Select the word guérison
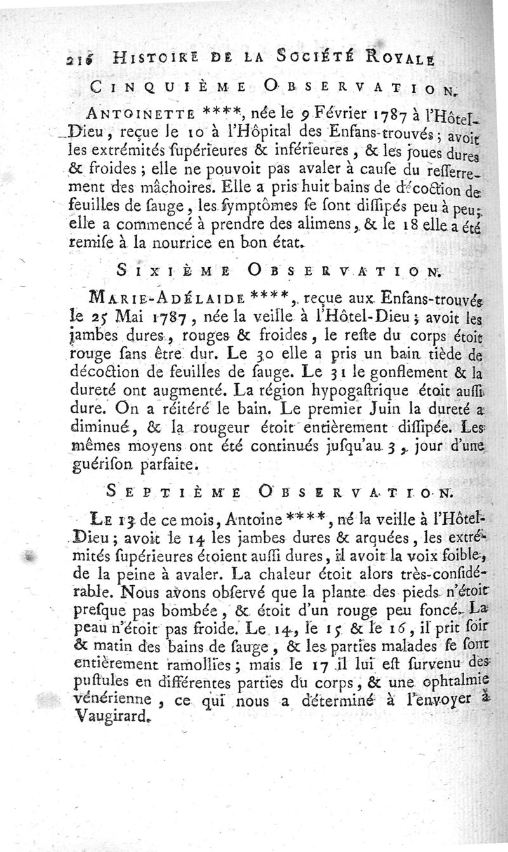[x=98, y=465]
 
